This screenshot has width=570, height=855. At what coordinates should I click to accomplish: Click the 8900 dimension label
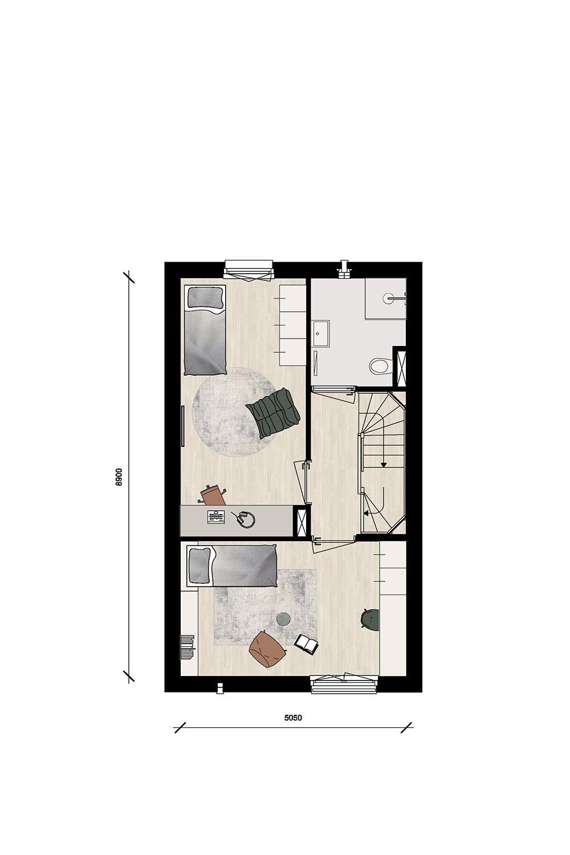click(x=119, y=477)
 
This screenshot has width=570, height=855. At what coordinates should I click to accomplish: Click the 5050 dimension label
click(x=293, y=718)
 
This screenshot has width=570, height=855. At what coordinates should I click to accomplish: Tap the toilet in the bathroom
click(x=379, y=365)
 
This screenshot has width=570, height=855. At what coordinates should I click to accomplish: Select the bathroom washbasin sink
click(x=320, y=333)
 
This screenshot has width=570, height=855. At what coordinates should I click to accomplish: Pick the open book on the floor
click(x=307, y=644)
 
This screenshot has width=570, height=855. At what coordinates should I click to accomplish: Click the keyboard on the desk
click(x=217, y=517)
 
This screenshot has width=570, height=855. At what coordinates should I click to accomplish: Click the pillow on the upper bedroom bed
click(x=205, y=298)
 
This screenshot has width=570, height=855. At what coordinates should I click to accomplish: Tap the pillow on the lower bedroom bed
click(x=200, y=564)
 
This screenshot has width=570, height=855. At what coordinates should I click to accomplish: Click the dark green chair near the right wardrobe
click(x=370, y=619)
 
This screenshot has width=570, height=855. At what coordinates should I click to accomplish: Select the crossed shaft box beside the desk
click(x=300, y=520)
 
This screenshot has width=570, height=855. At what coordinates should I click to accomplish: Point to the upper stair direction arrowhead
click(x=384, y=465)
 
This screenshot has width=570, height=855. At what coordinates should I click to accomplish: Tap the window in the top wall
click(x=249, y=268)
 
